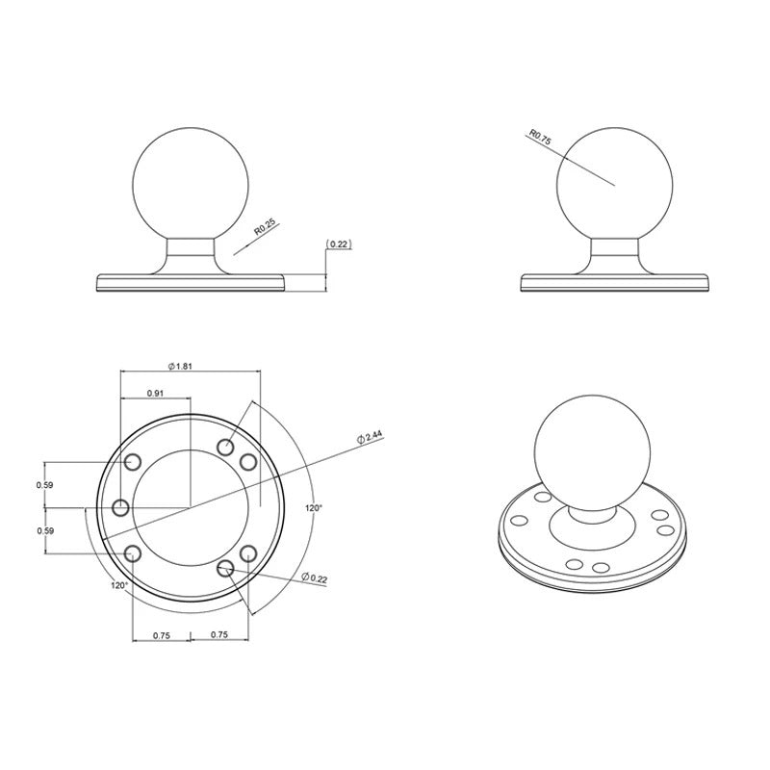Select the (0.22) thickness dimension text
[x=340, y=244]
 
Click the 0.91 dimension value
[x=155, y=393]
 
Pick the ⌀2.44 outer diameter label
[x=370, y=437]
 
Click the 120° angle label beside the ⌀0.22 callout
[x=314, y=507]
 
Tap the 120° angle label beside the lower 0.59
[x=119, y=584]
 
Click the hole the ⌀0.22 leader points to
[x=226, y=569]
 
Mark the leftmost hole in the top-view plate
[x=121, y=507]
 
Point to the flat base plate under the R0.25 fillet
[x=192, y=282]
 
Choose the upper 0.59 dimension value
[x=44, y=485]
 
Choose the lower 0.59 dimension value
[x=44, y=530]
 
